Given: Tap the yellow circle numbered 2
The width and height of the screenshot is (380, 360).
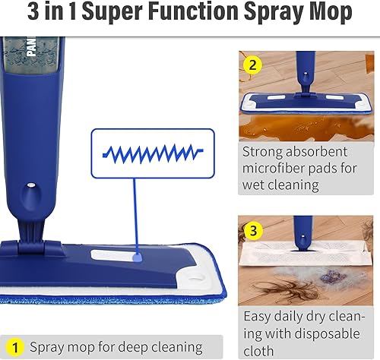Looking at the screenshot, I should tap(252, 64).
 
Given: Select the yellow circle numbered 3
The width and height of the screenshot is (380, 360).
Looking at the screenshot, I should tap(252, 229).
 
